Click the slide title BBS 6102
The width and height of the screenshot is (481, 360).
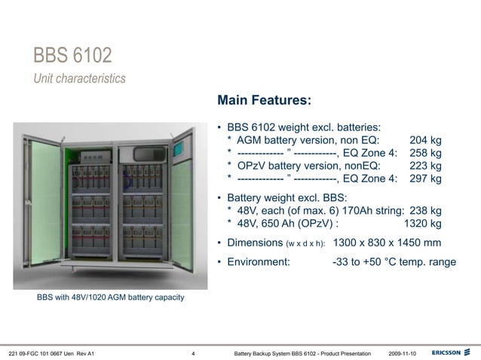pyautogui.click(x=73, y=55)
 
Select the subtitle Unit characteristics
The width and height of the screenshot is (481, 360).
pyautogui.click(x=79, y=78)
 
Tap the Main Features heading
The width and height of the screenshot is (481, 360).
pyautogui.click(x=263, y=100)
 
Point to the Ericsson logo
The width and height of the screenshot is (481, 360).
pyautogui.click(x=452, y=352)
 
